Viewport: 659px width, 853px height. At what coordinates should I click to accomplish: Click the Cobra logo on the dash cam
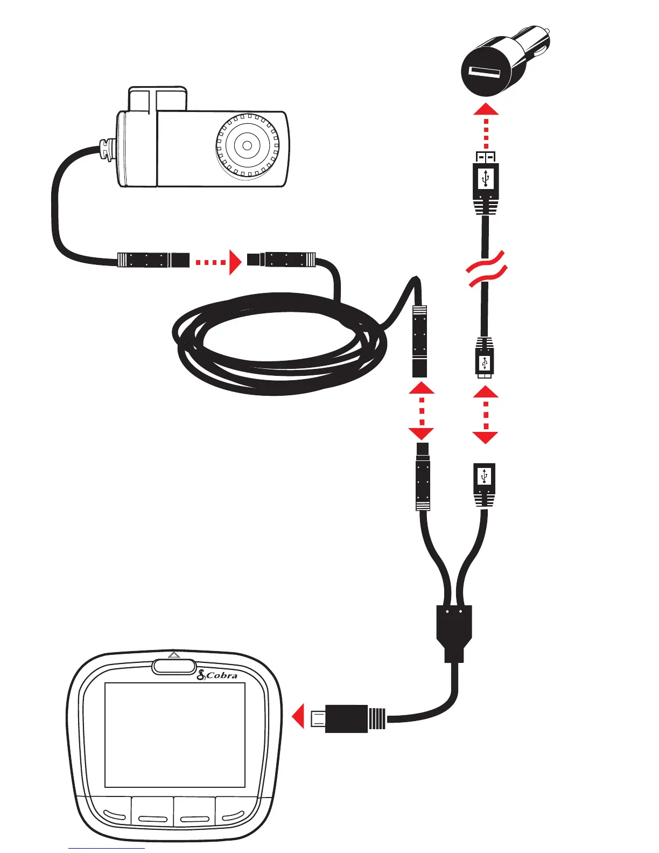pyautogui.click(x=218, y=675)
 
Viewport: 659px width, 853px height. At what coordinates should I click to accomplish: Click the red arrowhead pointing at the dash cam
pyautogui.click(x=298, y=717)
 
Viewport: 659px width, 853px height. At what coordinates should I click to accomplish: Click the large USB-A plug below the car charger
pyautogui.click(x=486, y=178)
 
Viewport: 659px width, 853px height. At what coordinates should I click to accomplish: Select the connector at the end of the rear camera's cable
pyautogui.click(x=153, y=260)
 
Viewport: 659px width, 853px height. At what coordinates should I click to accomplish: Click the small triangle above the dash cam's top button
pyautogui.click(x=173, y=655)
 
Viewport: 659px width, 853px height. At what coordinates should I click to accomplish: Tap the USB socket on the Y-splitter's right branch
pyautogui.click(x=485, y=478)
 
